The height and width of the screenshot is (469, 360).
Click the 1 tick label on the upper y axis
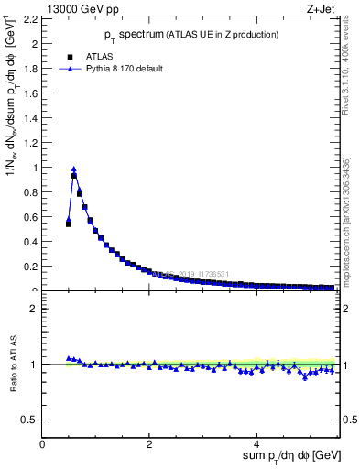click(x=35, y=168)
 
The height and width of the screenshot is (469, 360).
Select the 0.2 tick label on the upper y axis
click(x=29, y=267)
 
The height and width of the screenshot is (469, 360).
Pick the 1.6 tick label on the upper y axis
click(x=29, y=93)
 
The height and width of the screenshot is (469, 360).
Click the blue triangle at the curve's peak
click(x=74, y=169)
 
